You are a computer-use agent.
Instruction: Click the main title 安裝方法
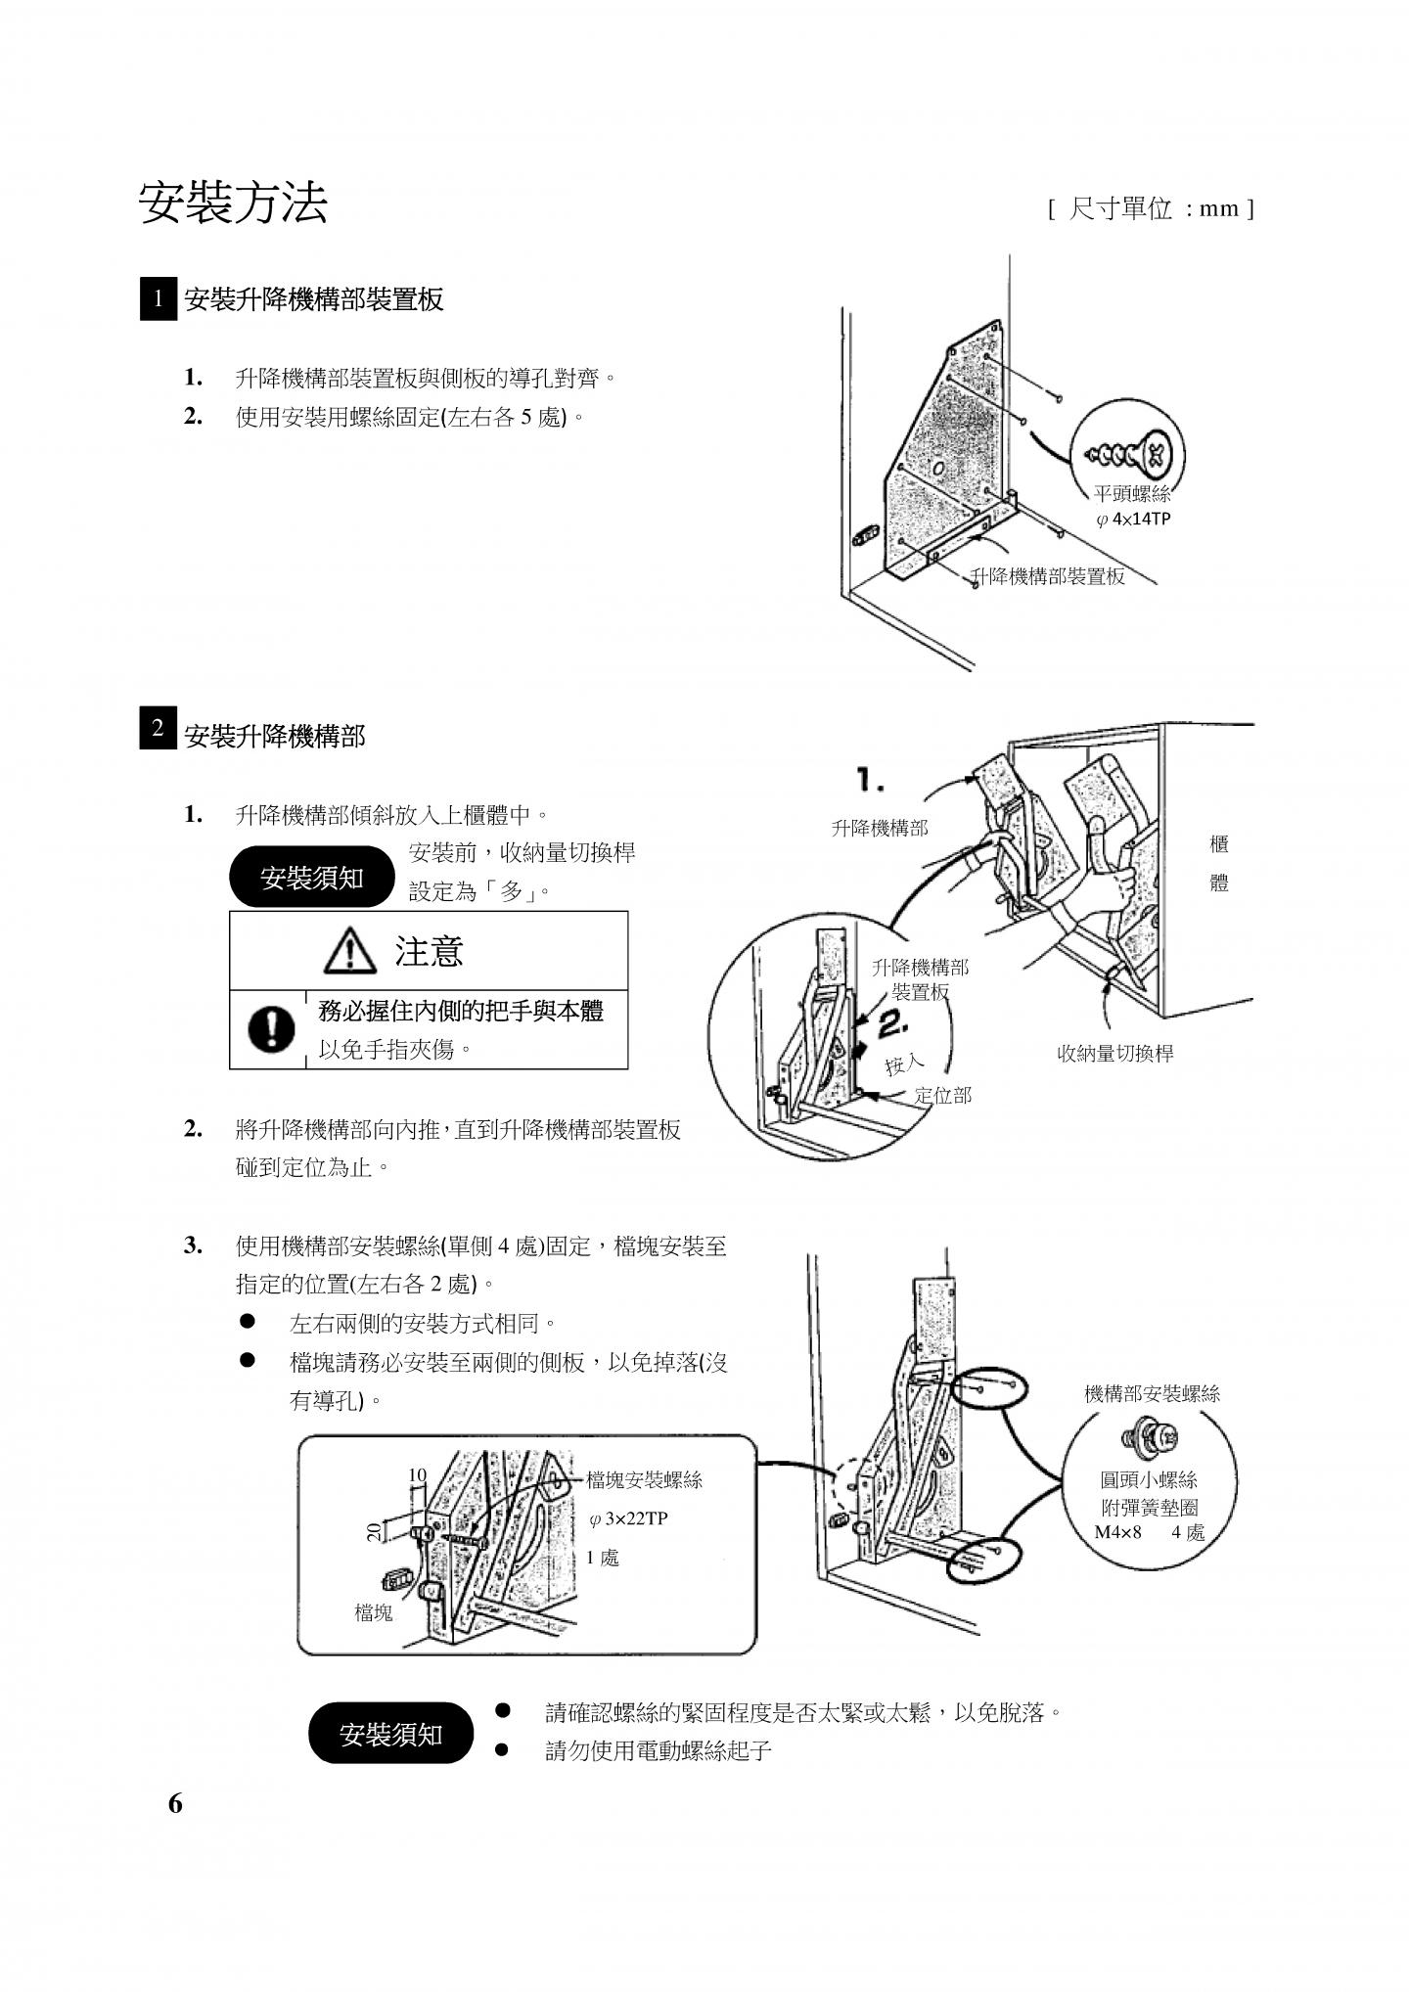pyautogui.click(x=233, y=204)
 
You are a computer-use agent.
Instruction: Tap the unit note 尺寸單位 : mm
pyautogui.click(x=1152, y=208)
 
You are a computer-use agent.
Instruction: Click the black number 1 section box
pyautogui.click(x=159, y=299)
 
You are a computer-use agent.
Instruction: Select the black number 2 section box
pyautogui.click(x=159, y=730)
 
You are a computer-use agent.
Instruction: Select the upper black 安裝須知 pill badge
pyautogui.click(x=311, y=878)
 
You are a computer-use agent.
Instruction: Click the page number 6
pyautogui.click(x=175, y=1832)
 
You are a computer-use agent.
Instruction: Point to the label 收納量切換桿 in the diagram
pyautogui.click(x=1114, y=1054)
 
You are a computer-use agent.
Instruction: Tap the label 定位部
pyautogui.click(x=942, y=1096)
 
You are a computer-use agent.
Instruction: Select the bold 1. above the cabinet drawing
pyautogui.click(x=870, y=781)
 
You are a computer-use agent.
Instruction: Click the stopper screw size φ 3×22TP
pyautogui.click(x=628, y=1519)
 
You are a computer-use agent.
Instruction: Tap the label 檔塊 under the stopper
pyautogui.click(x=373, y=1612)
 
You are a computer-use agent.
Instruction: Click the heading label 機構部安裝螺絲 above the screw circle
pyautogui.click(x=1152, y=1394)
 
